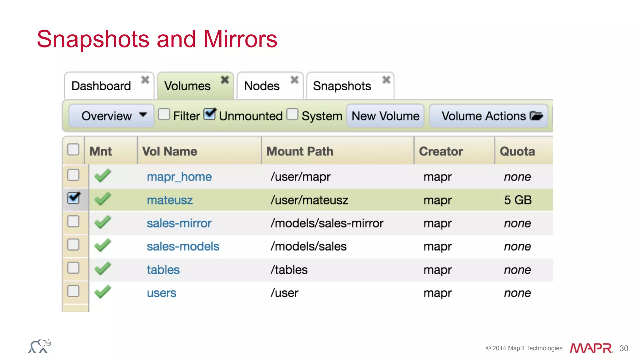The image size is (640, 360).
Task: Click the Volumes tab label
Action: coord(187,86)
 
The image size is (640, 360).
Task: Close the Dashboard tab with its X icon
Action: coord(145,80)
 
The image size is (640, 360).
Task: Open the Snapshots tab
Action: coord(342,86)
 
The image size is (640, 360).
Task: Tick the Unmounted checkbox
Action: coord(210,114)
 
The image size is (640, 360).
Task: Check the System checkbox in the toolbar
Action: coord(292,114)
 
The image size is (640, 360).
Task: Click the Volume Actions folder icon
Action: coord(536,116)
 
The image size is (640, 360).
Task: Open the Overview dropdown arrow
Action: coord(143,115)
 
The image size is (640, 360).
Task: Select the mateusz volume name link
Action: coord(170,200)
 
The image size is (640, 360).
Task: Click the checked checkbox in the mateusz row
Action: coord(73,198)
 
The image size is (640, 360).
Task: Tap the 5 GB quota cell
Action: coord(517,200)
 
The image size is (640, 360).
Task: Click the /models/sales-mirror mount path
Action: coord(327,223)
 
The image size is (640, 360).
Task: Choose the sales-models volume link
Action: coord(183,247)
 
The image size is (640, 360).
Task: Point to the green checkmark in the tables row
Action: coord(102,268)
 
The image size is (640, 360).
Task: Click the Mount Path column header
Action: coord(300,152)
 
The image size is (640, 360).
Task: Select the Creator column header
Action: coord(441,152)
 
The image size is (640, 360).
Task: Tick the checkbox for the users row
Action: coord(73,291)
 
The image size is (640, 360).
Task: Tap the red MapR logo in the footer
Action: coord(591,348)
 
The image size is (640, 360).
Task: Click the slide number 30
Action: coord(624,348)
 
